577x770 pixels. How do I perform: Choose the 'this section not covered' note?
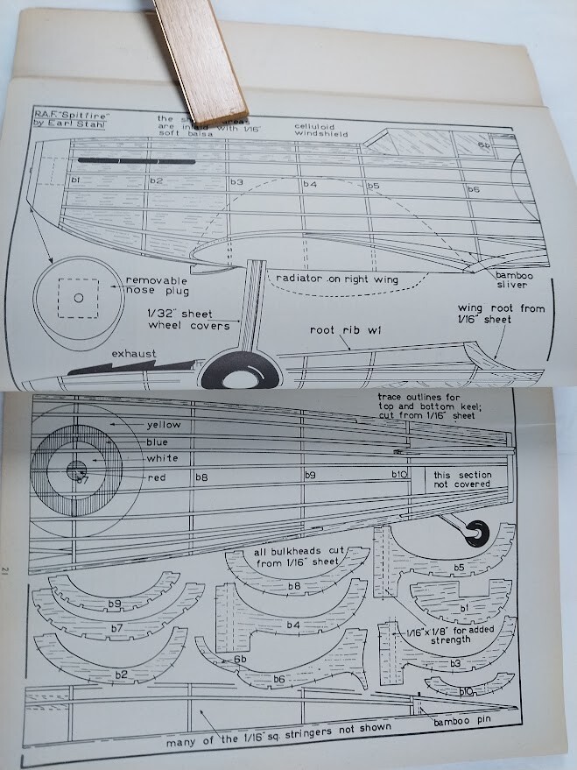point(463,479)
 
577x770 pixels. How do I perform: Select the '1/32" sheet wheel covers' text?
point(188,318)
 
